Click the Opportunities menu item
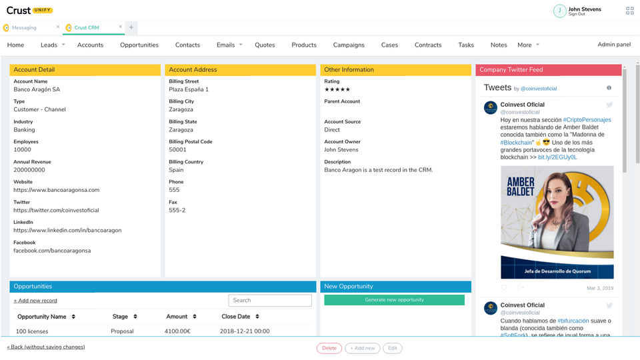tap(139, 45)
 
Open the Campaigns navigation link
tap(349, 45)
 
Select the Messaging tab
tap(24, 27)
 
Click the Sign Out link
tap(577, 14)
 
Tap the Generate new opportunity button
tap(394, 300)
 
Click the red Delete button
tap(329, 348)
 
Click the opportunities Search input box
tap(269, 301)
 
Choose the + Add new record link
tap(35, 301)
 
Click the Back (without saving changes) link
tap(46, 347)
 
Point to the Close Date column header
tap(236, 317)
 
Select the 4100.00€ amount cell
tap(177, 331)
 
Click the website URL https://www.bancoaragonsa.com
tap(56, 190)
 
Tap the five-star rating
tap(337, 89)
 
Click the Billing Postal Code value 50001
tap(177, 150)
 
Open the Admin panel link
tap(614, 45)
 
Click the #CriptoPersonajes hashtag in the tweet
tap(587, 120)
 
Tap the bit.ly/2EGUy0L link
tap(557, 157)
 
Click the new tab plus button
tap(131, 27)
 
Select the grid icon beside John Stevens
tap(630, 11)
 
